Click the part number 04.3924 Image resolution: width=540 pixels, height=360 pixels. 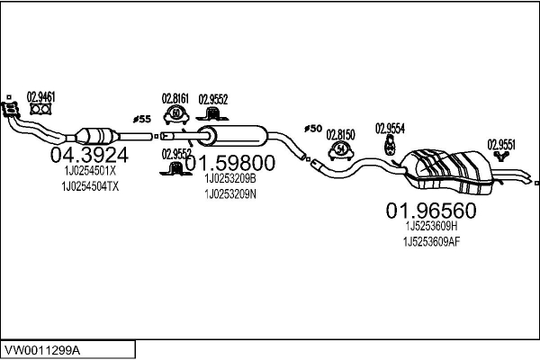pyautogui.click(x=87, y=156)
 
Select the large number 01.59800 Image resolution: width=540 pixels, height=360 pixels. pyautogui.click(x=229, y=164)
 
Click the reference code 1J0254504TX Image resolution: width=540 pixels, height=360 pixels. pyautogui.click(x=91, y=185)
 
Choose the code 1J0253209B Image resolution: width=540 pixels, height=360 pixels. pyautogui.click(x=229, y=179)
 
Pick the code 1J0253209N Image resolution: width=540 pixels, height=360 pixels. pyautogui.click(x=230, y=193)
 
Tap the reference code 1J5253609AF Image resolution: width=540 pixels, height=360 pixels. pyautogui.click(x=431, y=241)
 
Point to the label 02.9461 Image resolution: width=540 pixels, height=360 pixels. pyautogui.click(x=40, y=95)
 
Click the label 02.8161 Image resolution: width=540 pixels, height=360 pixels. pyautogui.click(x=175, y=98)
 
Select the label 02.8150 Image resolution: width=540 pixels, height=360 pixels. pyautogui.click(x=341, y=133)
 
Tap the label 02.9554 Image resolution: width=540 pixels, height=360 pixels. pyautogui.click(x=390, y=127)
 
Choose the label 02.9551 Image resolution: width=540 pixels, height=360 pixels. pyautogui.click(x=502, y=143)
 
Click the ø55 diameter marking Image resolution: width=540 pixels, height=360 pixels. pyautogui.click(x=142, y=118)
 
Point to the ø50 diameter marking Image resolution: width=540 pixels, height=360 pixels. pyautogui.click(x=313, y=129)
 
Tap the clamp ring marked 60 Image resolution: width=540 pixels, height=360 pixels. pyautogui.click(x=176, y=114)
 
